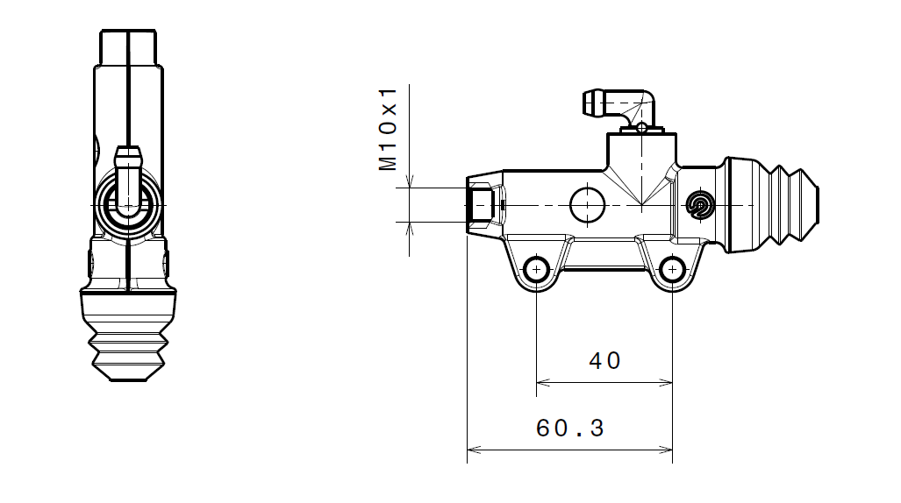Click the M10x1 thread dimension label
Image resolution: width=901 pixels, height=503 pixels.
[390, 128]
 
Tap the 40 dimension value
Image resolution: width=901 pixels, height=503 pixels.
[604, 360]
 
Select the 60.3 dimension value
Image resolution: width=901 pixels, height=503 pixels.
[570, 429]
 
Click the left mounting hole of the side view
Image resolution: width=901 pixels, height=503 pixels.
[536, 268]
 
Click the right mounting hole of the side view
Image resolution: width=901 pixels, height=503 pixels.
[672, 268]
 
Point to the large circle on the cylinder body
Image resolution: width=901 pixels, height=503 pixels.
[587, 204]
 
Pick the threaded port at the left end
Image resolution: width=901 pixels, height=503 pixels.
[482, 205]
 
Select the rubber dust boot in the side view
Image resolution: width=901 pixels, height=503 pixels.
[772, 206]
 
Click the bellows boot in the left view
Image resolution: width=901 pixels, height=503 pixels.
[128, 337]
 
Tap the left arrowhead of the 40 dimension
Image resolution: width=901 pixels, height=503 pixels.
[540, 382]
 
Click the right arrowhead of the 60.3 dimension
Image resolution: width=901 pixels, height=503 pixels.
[668, 450]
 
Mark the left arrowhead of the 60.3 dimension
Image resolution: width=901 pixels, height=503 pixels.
[472, 450]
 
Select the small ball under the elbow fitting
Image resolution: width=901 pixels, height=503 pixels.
[642, 128]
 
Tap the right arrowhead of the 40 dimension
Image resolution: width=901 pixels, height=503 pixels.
[668, 382]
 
